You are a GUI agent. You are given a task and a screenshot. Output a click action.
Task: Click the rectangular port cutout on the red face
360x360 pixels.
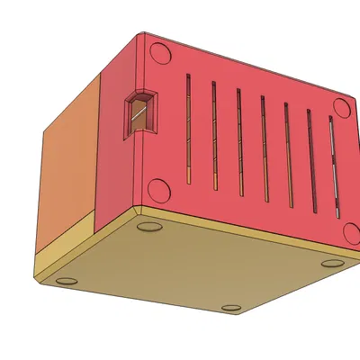pos(139,112)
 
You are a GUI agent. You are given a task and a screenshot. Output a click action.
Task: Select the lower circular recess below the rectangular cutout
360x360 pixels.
pos(158,190)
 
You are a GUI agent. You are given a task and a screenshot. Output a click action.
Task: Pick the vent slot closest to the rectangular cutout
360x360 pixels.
pos(188,126)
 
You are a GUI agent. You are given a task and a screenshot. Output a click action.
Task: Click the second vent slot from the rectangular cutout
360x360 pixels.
pos(215,137)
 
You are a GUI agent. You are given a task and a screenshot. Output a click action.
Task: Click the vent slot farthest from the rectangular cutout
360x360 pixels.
pos(333,171)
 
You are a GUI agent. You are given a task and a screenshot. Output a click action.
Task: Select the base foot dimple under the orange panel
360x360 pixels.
pos(65,279)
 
